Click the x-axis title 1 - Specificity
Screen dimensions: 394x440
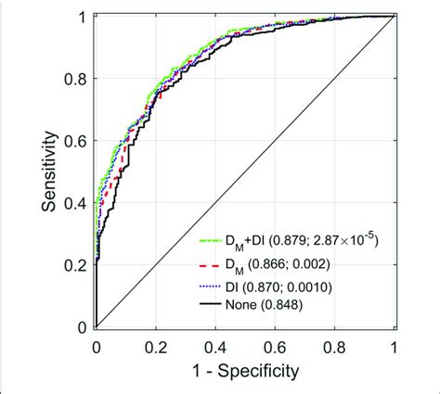coord(245,373)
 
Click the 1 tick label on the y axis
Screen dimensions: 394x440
coord(84,18)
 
